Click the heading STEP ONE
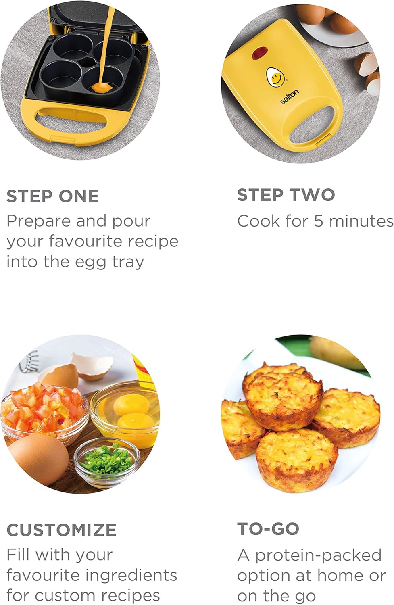(53, 196)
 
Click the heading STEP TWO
(286, 195)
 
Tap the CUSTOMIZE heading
(62, 530)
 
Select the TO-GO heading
(268, 529)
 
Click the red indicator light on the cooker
(260, 52)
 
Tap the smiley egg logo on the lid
(275, 77)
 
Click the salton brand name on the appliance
(290, 96)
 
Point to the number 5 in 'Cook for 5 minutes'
(319, 221)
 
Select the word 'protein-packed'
(318, 555)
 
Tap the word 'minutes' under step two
(361, 221)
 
